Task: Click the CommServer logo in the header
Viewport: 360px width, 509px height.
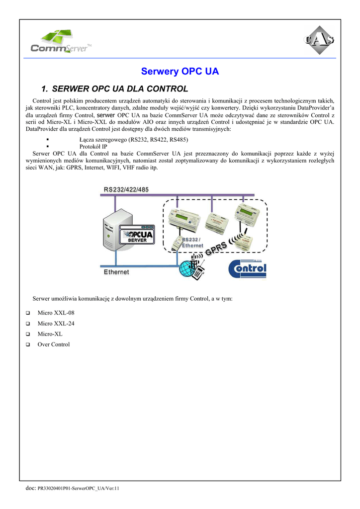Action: tap(61, 42)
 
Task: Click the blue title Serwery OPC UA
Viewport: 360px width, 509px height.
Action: tap(180, 72)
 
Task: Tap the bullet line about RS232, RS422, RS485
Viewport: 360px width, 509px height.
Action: tap(134, 139)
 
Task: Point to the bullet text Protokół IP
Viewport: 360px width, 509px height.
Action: tap(93, 147)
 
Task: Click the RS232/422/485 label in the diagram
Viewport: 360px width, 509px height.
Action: tap(126, 189)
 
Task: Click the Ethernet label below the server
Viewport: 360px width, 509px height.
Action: tap(116, 272)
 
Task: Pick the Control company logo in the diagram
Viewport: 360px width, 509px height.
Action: tap(248, 269)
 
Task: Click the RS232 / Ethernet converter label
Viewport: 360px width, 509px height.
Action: tap(193, 243)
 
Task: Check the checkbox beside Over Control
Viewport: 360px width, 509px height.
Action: tap(27, 344)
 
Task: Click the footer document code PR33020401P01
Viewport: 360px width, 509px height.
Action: tap(79, 489)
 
